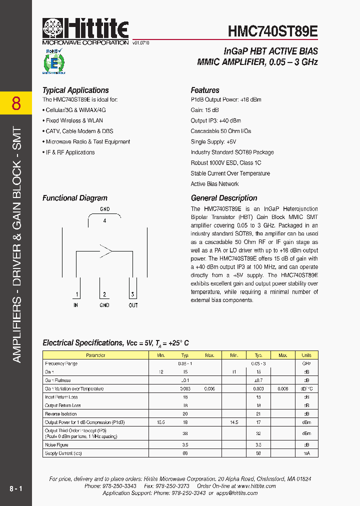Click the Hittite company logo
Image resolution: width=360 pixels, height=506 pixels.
pos(85,30)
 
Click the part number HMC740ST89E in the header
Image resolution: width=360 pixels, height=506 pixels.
pos(272,31)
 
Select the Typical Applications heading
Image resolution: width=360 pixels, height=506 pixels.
pos(75,90)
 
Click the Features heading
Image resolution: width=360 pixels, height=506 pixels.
pos(205,90)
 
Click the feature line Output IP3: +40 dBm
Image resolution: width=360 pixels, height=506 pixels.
pos(215,120)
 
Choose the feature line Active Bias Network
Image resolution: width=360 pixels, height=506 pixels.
pos(214,184)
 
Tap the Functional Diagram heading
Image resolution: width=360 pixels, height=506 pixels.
pos(74,198)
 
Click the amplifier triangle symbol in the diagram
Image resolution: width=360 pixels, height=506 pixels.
pos(105,250)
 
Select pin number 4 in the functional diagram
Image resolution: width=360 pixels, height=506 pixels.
pos(104,220)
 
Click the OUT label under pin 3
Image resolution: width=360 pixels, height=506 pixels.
pos(133,305)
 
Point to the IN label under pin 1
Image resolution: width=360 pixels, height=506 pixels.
pos(75,305)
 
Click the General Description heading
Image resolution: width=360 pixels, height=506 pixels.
pos(224,198)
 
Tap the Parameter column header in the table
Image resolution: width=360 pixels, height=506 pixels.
pos(95,355)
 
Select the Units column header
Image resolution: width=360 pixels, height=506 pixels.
pos(306,355)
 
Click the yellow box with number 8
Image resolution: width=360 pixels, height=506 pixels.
pos(16,103)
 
